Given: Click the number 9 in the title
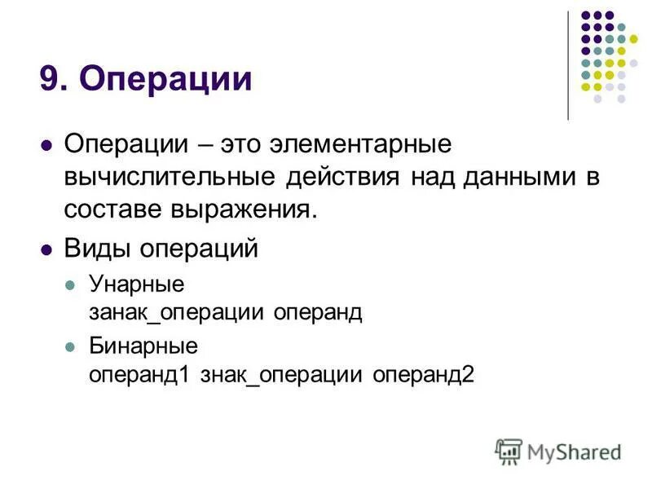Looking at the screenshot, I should tap(49, 80).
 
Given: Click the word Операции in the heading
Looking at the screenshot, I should tap(167, 80).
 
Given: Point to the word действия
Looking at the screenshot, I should tap(343, 178).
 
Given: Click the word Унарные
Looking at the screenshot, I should tap(136, 284).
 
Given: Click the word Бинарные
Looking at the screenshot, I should tap(143, 346).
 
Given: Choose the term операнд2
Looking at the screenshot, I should tap(423, 375).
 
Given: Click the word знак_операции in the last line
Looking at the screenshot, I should tap(282, 375).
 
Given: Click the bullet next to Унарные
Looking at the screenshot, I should tap(70, 285).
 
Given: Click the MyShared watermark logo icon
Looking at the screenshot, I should tap(508, 451).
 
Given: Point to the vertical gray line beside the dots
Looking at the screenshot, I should tap(568, 65).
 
